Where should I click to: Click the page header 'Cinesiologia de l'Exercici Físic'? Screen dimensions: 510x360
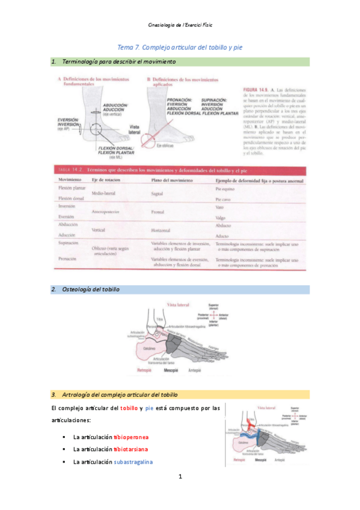point(180,25)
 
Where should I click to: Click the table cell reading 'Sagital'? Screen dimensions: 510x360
point(158,194)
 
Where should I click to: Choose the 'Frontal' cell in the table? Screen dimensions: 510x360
point(159,212)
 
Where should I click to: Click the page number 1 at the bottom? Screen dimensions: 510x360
point(180,476)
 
